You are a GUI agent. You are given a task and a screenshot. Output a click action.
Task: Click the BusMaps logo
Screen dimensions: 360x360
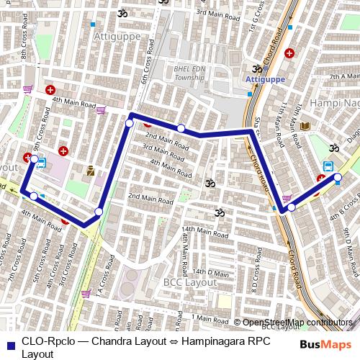321,344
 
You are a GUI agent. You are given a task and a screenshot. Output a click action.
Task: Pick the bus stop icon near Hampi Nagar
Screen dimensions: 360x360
328,166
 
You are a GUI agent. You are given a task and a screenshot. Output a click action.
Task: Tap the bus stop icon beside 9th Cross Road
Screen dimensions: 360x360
40,163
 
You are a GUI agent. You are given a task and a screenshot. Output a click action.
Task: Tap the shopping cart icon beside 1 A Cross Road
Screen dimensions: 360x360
86,294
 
